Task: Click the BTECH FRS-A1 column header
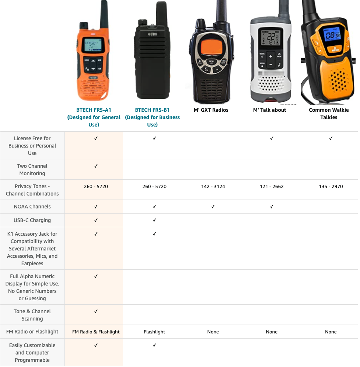click(94, 117)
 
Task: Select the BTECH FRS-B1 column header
click(152, 117)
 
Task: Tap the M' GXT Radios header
click(211, 110)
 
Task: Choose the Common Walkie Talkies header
click(329, 114)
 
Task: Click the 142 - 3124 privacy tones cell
click(213, 187)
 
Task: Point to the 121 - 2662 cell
click(272, 187)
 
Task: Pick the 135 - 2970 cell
click(331, 187)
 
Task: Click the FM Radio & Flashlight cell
click(96, 332)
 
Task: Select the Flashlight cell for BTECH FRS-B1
click(154, 332)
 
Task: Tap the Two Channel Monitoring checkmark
click(96, 166)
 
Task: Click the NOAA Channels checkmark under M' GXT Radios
click(213, 207)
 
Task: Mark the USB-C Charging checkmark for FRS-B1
click(154, 221)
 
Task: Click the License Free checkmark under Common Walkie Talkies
click(331, 139)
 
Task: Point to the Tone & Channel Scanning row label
click(32, 315)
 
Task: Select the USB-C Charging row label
click(32, 221)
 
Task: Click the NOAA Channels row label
click(32, 207)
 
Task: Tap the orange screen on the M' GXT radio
click(211, 47)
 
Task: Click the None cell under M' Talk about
click(272, 332)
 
